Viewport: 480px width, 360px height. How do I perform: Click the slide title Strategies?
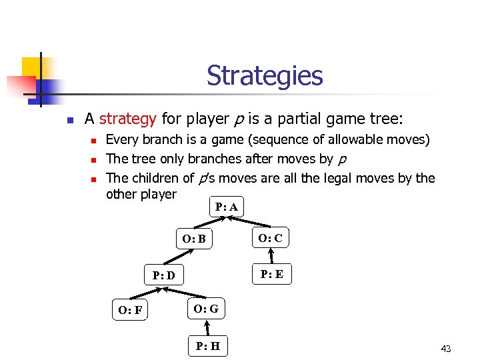click(264, 76)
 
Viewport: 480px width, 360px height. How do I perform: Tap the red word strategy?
click(127, 119)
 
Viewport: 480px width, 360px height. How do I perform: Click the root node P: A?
click(227, 207)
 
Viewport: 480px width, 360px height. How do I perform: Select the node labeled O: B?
click(194, 239)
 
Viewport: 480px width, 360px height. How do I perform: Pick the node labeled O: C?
click(271, 238)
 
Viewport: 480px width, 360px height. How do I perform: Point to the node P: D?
click(164, 275)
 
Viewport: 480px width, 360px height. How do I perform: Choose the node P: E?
click(271, 274)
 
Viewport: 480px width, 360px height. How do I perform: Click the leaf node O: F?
click(130, 310)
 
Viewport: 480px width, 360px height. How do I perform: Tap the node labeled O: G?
click(205, 309)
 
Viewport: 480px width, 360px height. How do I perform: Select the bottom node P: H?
click(208, 345)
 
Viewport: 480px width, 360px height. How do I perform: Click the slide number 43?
click(446, 349)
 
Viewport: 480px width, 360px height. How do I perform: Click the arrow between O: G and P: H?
click(207, 327)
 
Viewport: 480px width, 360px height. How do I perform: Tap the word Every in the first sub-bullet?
click(121, 140)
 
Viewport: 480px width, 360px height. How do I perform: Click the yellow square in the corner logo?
click(32, 67)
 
